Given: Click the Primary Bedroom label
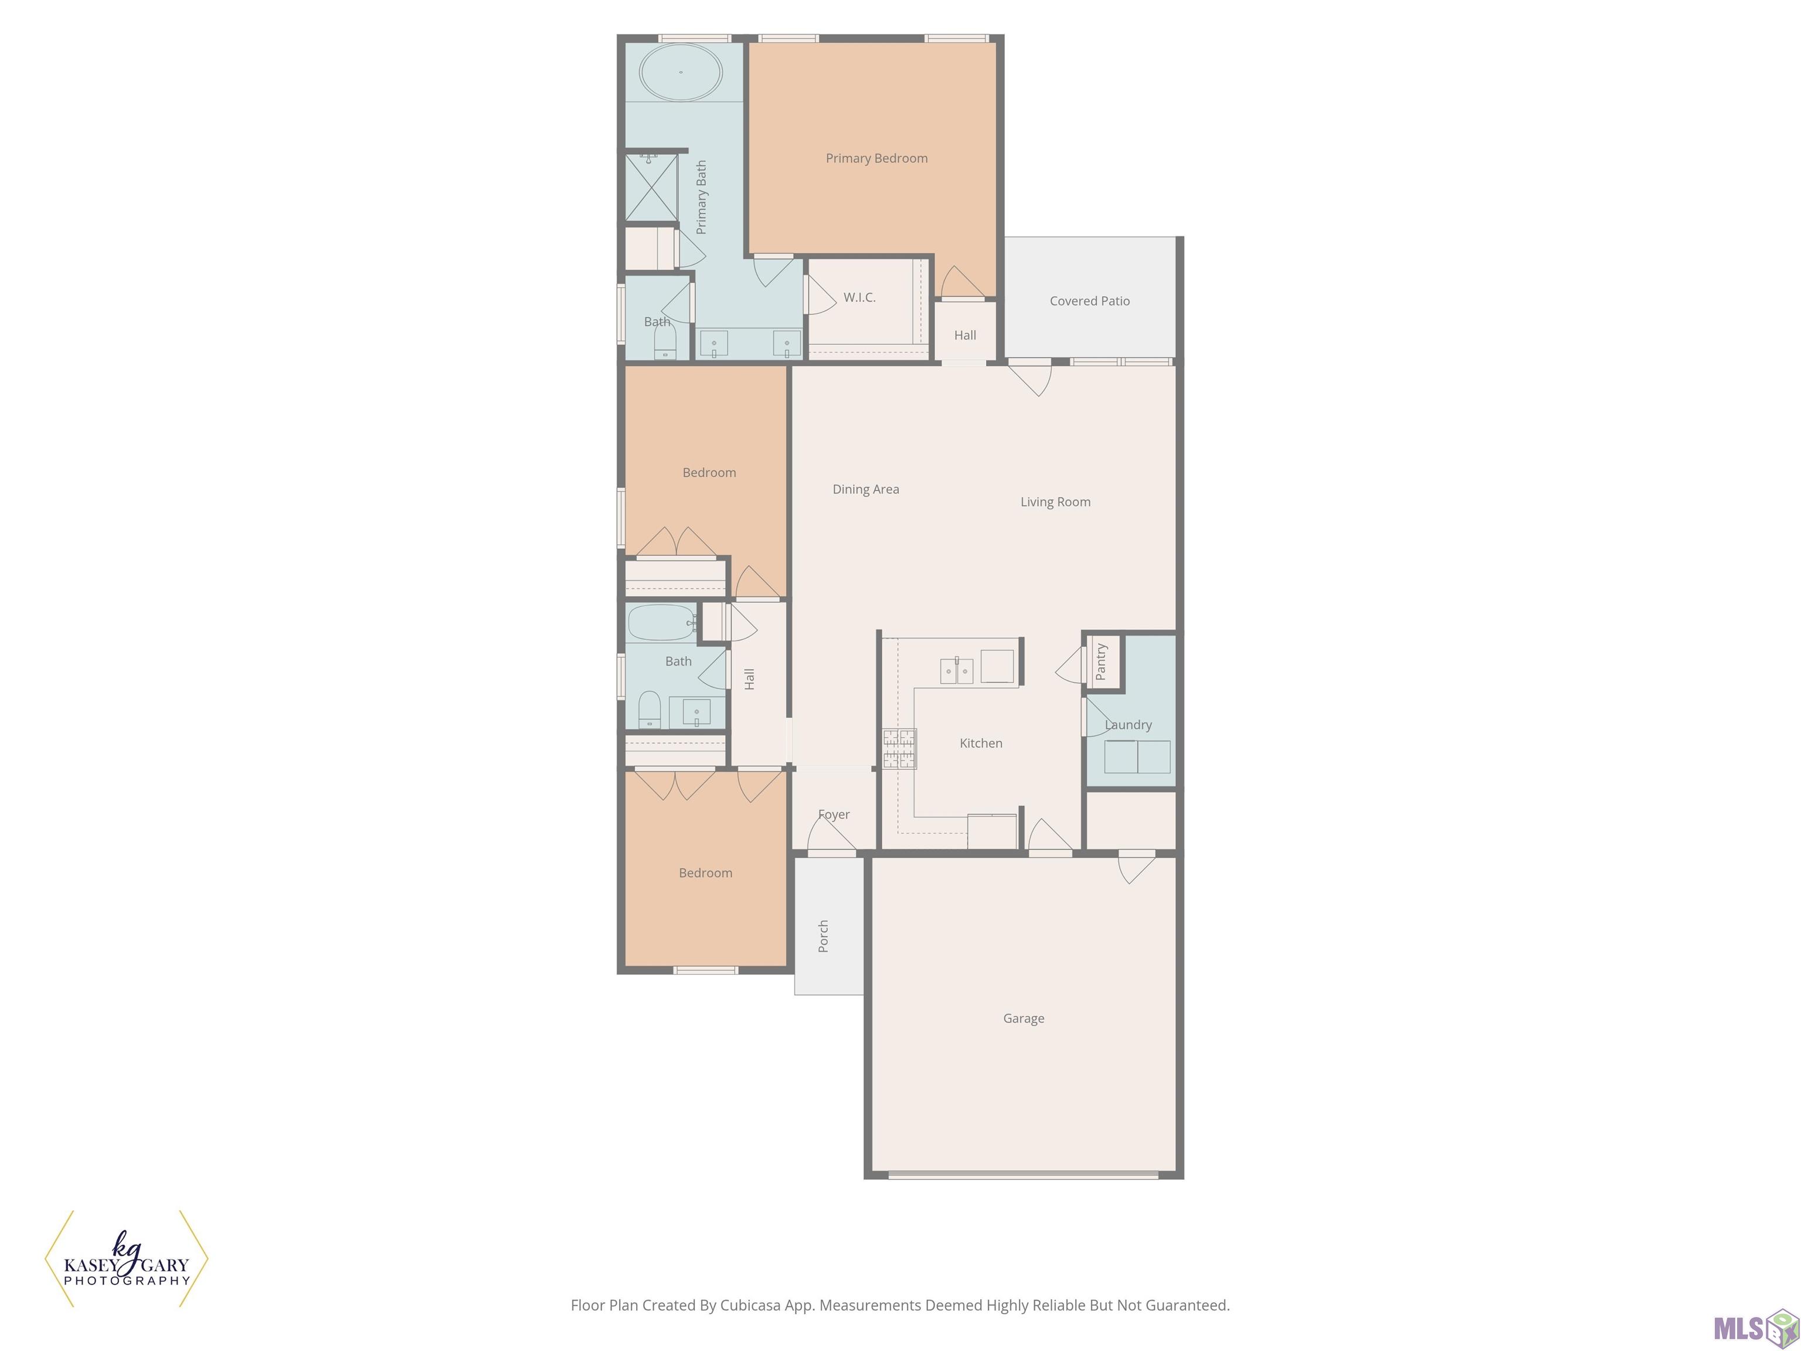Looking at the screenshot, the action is [876, 158].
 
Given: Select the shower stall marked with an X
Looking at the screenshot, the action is [651, 187].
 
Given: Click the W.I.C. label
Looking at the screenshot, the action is [859, 297].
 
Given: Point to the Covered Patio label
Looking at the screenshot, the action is [1089, 300].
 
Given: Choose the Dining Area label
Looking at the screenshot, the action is [865, 488].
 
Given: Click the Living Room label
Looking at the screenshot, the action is [1055, 501].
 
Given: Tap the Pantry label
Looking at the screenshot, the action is [1101, 661].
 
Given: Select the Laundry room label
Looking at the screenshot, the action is [1129, 724].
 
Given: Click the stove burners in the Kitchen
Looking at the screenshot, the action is [900, 748].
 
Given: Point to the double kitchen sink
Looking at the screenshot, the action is [957, 671].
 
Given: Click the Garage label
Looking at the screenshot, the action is [1024, 1018].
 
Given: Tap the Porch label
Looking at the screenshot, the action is [823, 936].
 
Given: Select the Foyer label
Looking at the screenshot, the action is [834, 814].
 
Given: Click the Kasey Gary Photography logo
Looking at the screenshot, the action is [126, 1259].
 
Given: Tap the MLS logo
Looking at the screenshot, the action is [1755, 1328].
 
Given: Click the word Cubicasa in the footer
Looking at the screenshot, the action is [750, 1305].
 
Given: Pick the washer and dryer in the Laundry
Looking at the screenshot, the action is [1137, 756].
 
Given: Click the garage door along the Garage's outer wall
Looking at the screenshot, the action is [1024, 1175].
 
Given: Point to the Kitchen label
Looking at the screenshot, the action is [980, 743].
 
